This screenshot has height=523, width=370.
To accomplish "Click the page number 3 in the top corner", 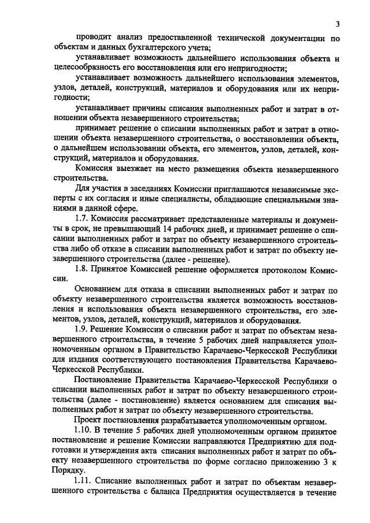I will (336, 24).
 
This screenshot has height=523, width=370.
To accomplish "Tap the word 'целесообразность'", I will (92, 69).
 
